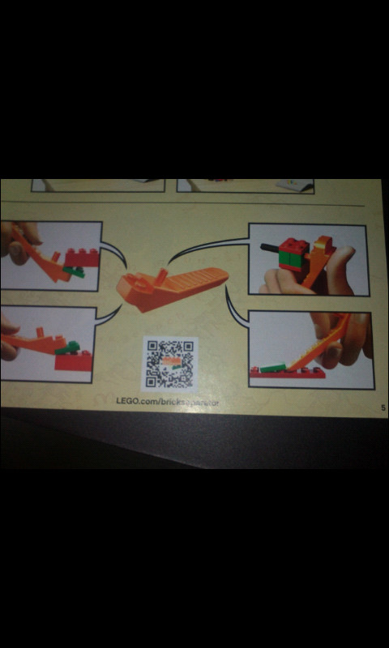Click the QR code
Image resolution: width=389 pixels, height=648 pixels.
coord(169,364)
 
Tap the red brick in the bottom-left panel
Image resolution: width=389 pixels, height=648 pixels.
coord(75,361)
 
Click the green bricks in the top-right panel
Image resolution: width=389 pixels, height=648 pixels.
coord(288,261)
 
